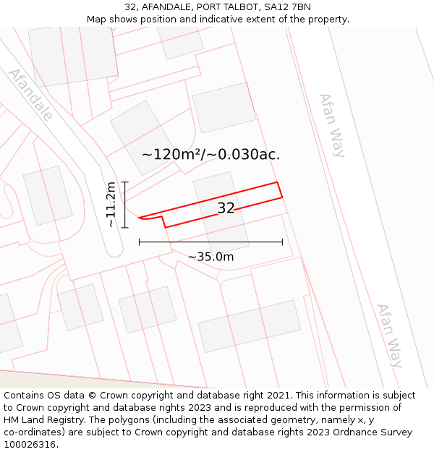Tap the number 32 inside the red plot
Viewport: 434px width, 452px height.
point(226,208)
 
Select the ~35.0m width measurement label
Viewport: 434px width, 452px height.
point(210,257)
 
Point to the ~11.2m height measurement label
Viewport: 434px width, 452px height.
point(111,205)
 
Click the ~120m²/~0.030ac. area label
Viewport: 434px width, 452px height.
point(210,154)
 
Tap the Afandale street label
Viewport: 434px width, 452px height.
point(30,94)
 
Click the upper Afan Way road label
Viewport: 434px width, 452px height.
point(332,125)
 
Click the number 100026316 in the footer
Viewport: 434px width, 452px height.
point(30,445)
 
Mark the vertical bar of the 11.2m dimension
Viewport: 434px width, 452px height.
point(124,205)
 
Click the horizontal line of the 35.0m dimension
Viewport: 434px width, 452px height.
point(210,242)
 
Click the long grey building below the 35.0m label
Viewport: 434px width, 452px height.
point(249,326)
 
